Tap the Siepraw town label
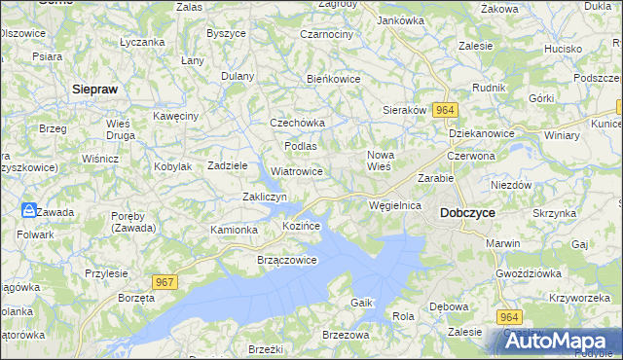95,89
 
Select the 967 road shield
165,281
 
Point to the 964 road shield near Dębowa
510,317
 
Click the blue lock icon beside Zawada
30,210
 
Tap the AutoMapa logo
558,341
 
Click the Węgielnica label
395,205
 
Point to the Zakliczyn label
264,198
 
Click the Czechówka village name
297,123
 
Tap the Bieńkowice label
334,78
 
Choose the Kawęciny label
175,116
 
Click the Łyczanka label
142,43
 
